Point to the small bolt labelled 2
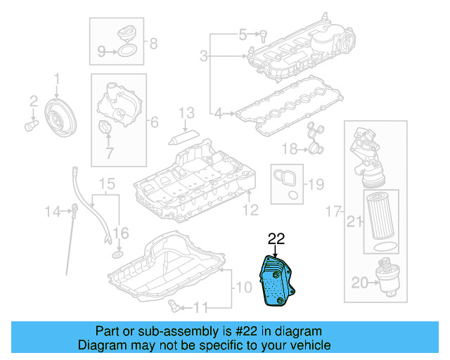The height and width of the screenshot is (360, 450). click(31, 126)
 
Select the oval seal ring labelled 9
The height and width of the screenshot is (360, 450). click(127, 51)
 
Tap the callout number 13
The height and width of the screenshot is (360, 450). click(186, 112)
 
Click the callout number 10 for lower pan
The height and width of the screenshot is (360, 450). click(243, 287)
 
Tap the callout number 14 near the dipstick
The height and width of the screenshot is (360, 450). click(53, 210)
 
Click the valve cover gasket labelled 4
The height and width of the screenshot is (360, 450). click(288, 113)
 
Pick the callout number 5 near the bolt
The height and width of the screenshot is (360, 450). click(243, 33)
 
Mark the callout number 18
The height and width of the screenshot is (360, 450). click(290, 148)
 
